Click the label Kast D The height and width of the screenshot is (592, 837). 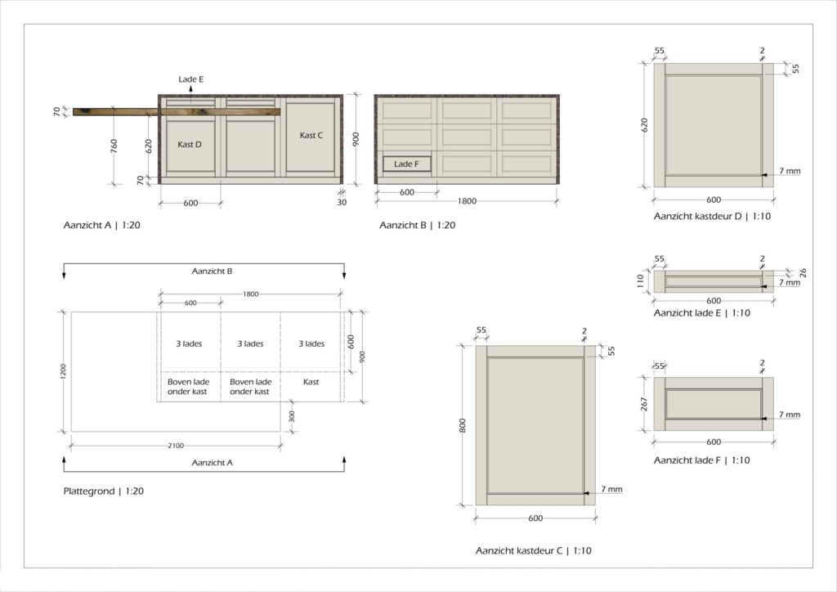click(x=190, y=145)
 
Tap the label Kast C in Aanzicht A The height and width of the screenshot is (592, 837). click(x=311, y=136)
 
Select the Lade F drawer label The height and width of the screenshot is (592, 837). click(x=406, y=164)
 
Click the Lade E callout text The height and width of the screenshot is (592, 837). click(x=191, y=79)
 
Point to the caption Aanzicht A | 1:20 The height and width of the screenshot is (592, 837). click(x=101, y=224)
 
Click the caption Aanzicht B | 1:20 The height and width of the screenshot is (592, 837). click(x=417, y=224)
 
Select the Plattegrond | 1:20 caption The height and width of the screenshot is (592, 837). click(x=104, y=491)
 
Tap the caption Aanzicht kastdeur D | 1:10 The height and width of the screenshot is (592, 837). click(x=713, y=217)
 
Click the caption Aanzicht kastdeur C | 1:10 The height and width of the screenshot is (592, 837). click(x=534, y=550)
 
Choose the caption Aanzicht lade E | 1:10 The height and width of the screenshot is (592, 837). click(x=701, y=313)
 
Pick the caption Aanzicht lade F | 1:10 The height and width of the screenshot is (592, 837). click(x=701, y=460)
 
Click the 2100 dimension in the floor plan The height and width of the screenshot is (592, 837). click(x=176, y=446)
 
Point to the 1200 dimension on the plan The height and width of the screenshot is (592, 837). click(x=64, y=370)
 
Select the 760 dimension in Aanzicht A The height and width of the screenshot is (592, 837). click(x=114, y=147)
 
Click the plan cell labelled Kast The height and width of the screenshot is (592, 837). click(x=311, y=382)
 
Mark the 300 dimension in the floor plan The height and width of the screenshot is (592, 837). click(x=292, y=415)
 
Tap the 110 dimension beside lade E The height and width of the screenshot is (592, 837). click(x=642, y=282)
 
